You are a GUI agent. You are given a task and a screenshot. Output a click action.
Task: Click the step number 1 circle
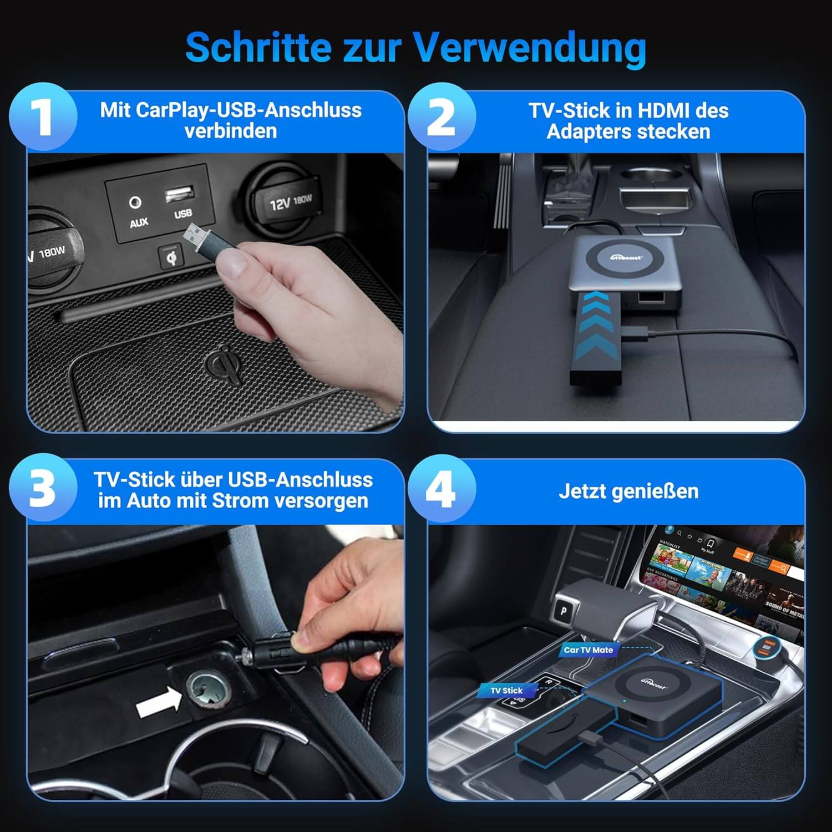(43, 117)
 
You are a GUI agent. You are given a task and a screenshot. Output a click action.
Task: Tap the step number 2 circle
(442, 117)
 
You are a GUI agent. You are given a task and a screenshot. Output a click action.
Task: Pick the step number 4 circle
(442, 489)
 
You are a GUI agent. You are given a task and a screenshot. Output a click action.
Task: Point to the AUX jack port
(135, 202)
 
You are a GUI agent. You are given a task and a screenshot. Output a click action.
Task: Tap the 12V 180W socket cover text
(291, 202)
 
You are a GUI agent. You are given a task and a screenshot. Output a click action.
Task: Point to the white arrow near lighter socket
(159, 701)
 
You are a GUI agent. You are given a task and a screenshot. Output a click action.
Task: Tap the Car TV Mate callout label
(588, 650)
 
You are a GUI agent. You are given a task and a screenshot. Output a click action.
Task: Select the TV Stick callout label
(506, 691)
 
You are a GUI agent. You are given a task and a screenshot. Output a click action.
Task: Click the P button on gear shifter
(564, 611)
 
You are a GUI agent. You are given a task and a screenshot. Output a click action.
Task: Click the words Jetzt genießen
(628, 491)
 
